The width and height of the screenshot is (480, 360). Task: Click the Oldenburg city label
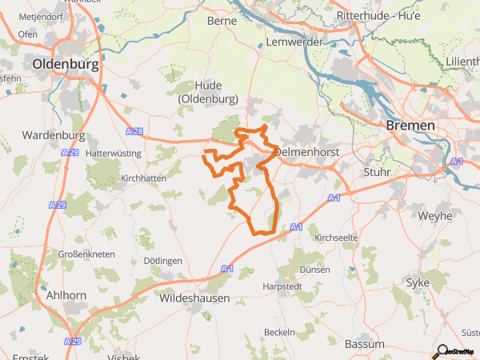pyautogui.click(x=66, y=66)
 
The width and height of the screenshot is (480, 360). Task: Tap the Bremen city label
pyautogui.click(x=410, y=126)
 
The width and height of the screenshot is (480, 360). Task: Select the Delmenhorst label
pyautogui.click(x=308, y=151)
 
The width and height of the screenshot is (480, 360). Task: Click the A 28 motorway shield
pyautogui.click(x=135, y=130)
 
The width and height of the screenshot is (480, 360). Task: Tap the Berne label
pyautogui.click(x=222, y=22)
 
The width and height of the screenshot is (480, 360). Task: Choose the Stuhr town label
pyautogui.click(x=377, y=171)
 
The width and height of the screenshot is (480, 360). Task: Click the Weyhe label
pyautogui.click(x=434, y=216)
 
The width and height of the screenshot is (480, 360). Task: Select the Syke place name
pyautogui.click(x=418, y=282)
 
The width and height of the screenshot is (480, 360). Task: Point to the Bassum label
pyautogui.click(x=364, y=344)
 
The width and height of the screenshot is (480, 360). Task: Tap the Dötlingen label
pyautogui.click(x=162, y=261)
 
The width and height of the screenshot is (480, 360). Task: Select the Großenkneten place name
pyautogui.click(x=86, y=254)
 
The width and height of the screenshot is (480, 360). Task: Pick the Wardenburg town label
pyautogui.click(x=54, y=134)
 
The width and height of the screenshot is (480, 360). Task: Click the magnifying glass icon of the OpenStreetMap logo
pyautogui.click(x=440, y=350)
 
